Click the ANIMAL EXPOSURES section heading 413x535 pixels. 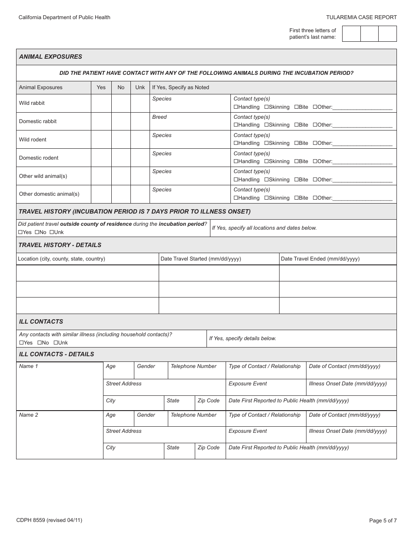coord(50,57)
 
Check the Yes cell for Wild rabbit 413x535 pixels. coord(101,103)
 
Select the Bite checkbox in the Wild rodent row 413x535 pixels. coord(296,143)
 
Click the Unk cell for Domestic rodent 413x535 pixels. coord(140,158)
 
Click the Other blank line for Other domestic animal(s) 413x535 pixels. coord(362,198)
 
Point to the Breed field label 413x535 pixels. coord(160,117)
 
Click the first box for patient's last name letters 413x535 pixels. coord(351,33)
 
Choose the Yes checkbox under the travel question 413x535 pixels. coord(20,232)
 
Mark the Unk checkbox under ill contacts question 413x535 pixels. coord(55,343)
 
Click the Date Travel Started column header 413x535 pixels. coord(200,259)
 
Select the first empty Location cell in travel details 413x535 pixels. coord(87,273)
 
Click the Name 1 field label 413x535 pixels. coord(29,366)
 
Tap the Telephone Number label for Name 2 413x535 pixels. coord(193,415)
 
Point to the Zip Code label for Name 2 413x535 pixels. coord(209,448)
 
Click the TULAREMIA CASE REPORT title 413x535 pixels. coord(361,17)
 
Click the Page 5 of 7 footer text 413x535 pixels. coord(383,520)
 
